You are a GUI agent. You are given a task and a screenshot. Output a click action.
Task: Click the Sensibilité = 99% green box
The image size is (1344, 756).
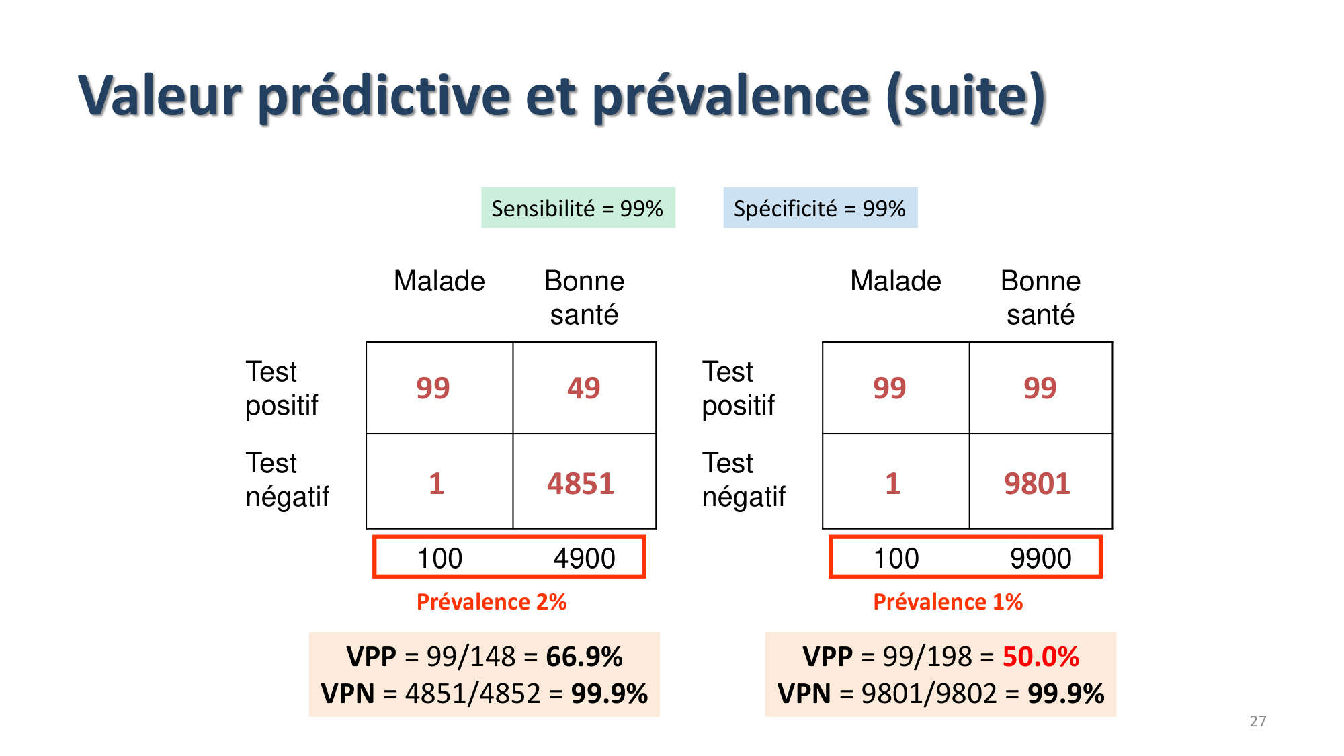coord(578,208)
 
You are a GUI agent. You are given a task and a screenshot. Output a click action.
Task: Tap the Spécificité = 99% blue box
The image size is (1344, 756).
coord(820,208)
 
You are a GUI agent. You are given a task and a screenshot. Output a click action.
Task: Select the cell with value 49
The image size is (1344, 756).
coord(583,388)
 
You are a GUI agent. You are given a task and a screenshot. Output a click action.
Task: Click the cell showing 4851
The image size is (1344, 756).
coord(581,483)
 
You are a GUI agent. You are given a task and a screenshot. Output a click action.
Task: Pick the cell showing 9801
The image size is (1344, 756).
coord(1037,483)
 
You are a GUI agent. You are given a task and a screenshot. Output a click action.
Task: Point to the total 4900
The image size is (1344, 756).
coord(584,558)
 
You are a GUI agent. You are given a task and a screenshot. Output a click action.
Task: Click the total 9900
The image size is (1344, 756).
coord(1040,558)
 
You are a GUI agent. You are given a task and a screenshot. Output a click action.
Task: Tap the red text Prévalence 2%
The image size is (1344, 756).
coord(491,601)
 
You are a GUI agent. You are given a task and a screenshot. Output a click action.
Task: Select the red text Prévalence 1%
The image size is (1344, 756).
coord(948,601)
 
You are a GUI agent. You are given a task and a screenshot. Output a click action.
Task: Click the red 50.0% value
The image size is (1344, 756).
coord(1040,657)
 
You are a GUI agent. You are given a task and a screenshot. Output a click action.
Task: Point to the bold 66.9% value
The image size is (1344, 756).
coord(584,657)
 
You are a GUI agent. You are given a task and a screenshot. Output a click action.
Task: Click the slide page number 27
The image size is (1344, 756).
coord(1258,721)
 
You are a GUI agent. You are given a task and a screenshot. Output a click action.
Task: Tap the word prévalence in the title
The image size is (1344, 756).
coord(731,96)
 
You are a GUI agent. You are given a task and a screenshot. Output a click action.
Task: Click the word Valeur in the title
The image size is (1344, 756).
coord(160,96)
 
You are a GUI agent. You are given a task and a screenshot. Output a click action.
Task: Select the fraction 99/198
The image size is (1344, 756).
coord(927,657)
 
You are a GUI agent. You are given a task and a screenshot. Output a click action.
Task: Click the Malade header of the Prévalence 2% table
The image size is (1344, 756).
coord(439,281)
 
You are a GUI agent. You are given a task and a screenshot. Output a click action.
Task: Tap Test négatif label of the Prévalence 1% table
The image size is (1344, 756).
coord(743,480)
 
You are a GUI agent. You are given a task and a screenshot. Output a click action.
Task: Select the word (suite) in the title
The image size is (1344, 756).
coord(966,96)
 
